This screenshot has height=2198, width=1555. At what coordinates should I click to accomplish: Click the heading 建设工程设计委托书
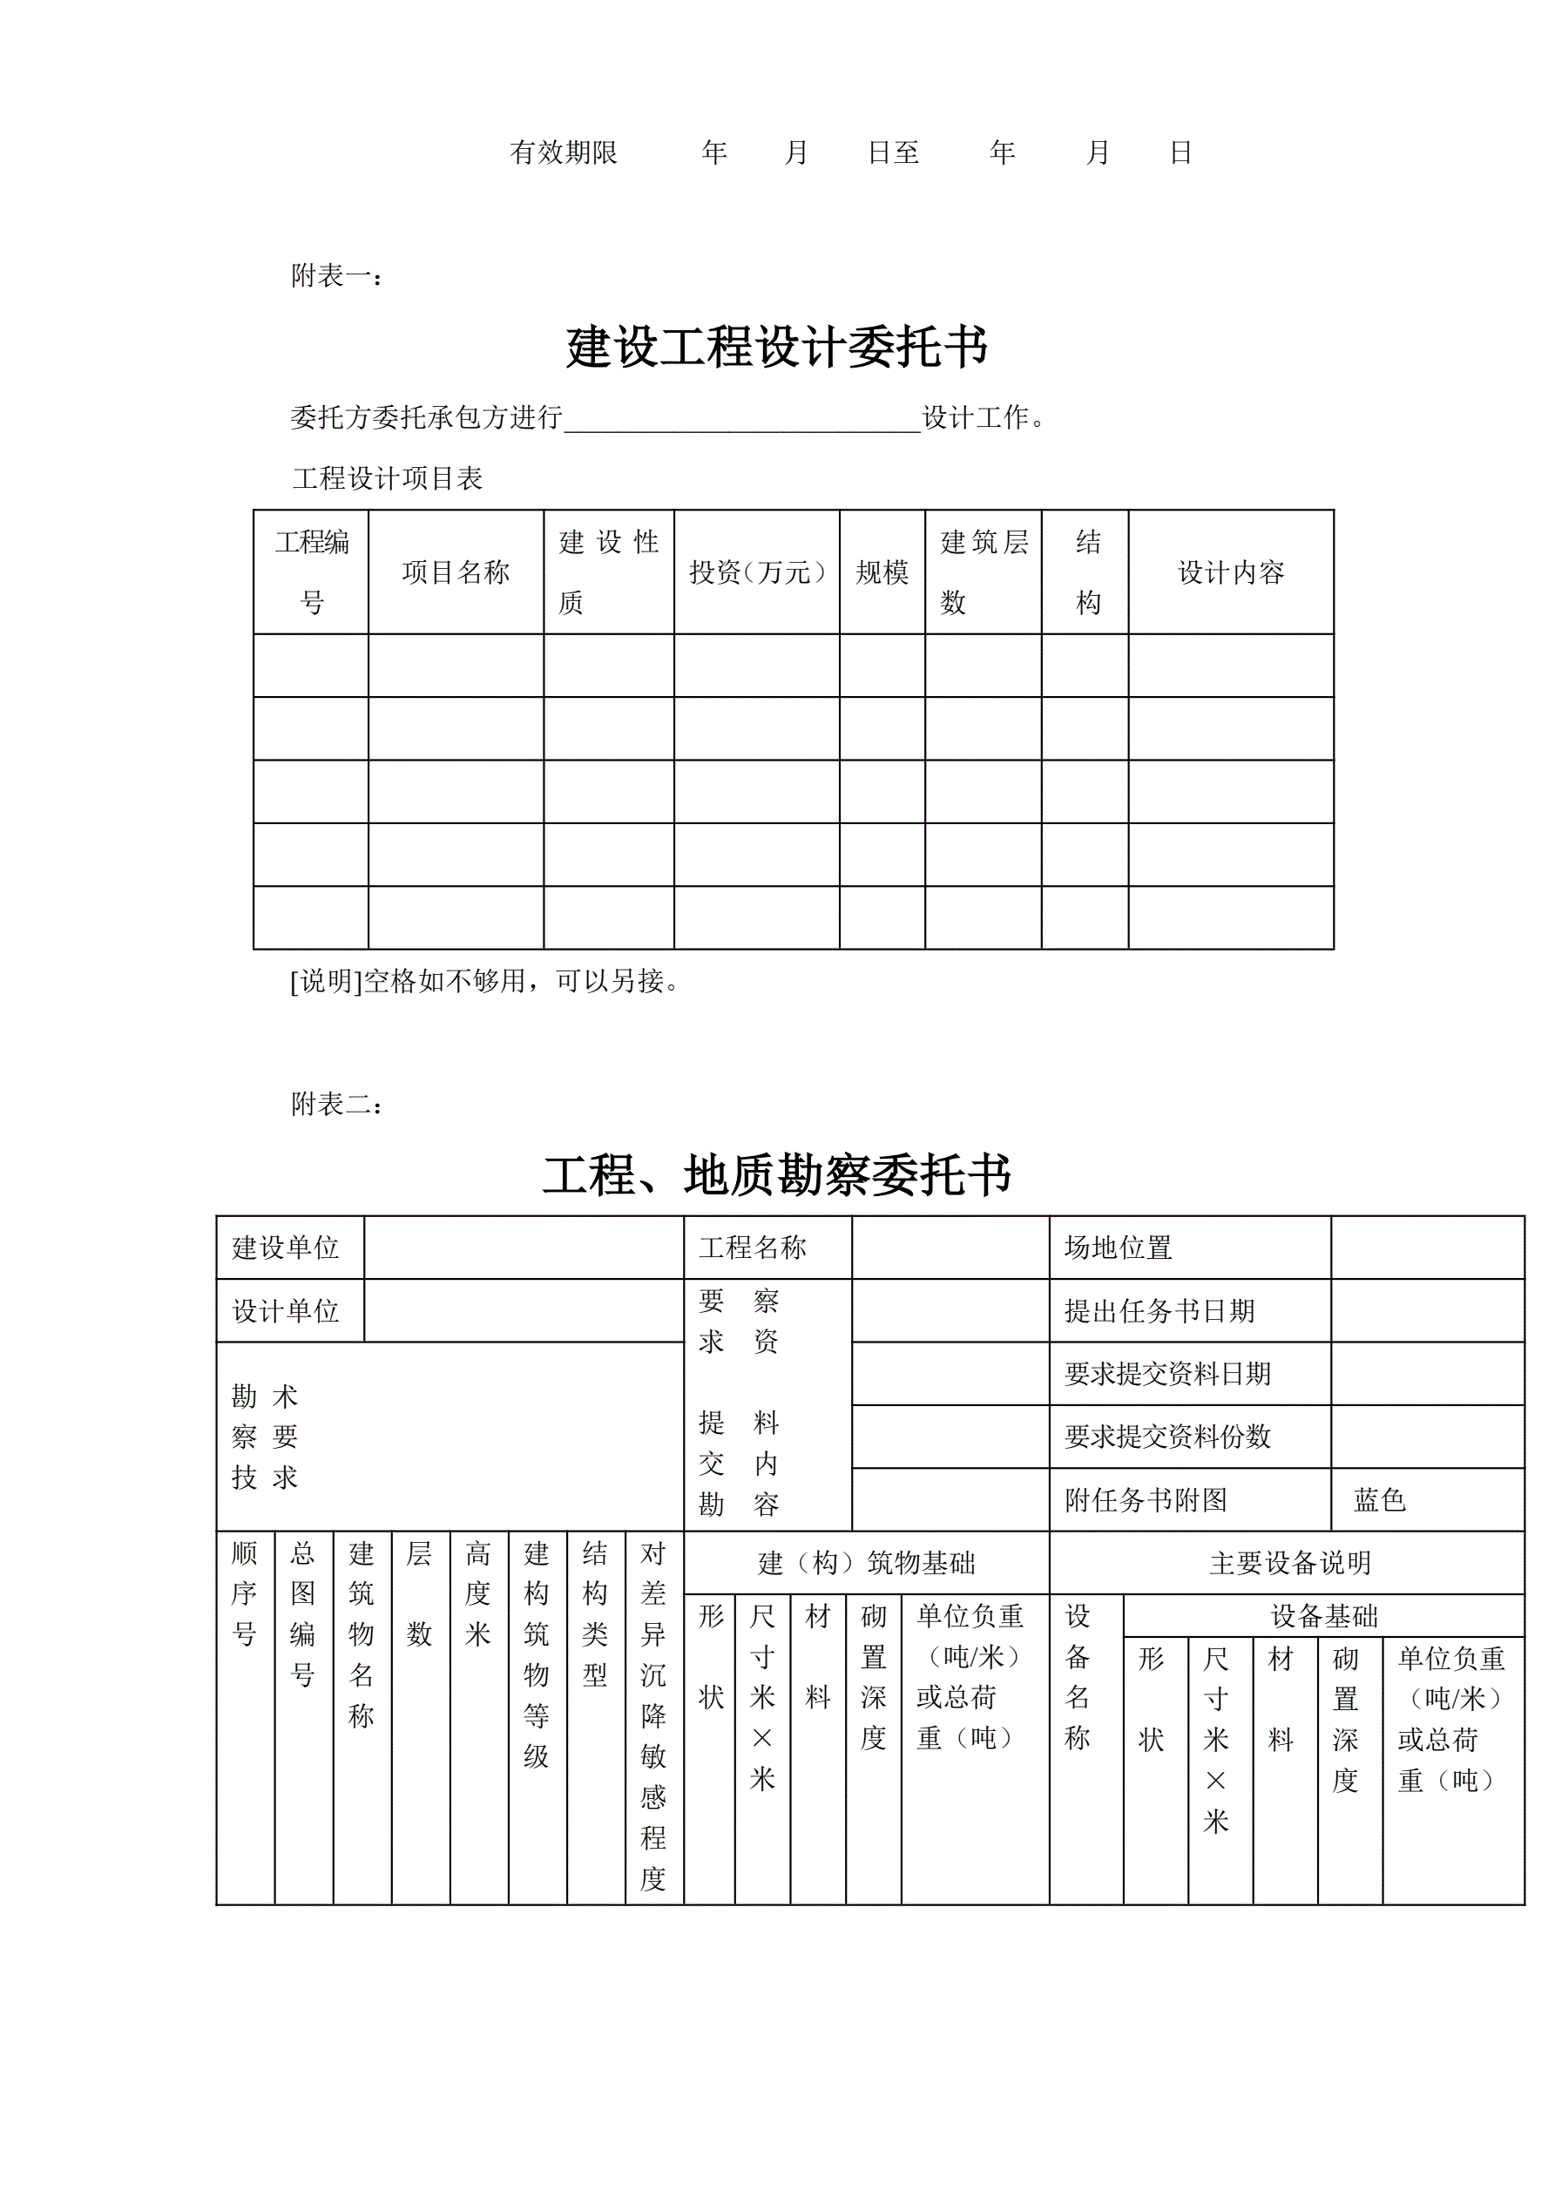coord(776,347)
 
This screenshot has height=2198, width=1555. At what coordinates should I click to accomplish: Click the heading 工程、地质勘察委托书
coord(776,1174)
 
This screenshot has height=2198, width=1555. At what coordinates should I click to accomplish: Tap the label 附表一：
coord(337,277)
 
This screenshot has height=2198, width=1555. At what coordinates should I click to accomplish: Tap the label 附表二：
coord(337,1105)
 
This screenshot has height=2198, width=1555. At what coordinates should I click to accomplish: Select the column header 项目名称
coord(456,572)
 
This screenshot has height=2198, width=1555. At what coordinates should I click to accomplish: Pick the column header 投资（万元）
coord(756,572)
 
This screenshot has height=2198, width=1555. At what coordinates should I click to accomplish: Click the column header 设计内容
coord(1230,572)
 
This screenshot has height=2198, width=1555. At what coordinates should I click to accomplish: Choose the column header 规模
coord(882,572)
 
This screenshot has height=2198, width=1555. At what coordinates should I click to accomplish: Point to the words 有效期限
coord(563,152)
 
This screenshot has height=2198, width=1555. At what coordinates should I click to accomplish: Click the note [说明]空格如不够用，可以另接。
coord(484,981)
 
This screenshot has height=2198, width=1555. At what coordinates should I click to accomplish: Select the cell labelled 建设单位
coord(287,1248)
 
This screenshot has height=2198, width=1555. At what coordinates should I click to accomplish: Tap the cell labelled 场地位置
coord(1119,1248)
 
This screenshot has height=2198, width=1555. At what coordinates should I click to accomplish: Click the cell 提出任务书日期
coord(1159,1310)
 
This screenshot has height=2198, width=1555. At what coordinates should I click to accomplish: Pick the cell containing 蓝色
coord(1379,1500)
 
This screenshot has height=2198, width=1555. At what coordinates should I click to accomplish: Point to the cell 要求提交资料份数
coord(1167,1436)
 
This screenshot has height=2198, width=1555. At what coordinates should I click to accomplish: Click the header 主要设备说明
coord(1290,1563)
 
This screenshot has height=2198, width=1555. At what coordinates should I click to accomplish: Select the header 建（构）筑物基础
coord(867,1563)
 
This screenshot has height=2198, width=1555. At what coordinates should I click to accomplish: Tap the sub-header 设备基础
coord(1324,1617)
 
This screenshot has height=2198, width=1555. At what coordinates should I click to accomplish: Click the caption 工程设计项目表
coord(388,478)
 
